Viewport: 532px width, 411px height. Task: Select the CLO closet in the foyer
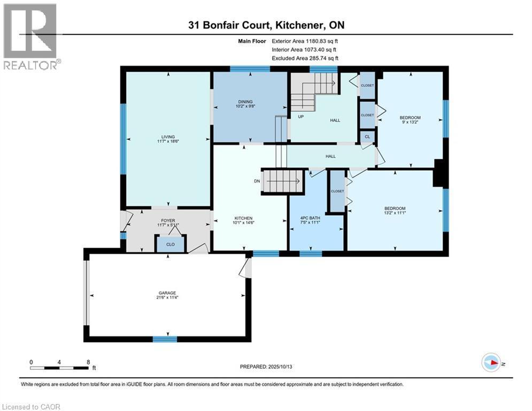tap(169, 245)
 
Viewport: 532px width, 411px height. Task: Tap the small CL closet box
tap(367, 137)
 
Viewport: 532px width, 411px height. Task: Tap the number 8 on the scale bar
tap(88, 362)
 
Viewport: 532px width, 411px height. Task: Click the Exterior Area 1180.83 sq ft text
tap(305, 41)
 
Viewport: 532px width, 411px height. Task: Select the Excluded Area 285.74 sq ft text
tap(305, 58)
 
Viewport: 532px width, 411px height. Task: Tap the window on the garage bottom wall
tap(165, 339)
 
